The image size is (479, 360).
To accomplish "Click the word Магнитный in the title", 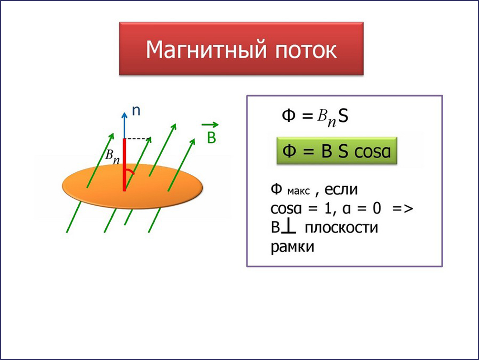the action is [207, 50].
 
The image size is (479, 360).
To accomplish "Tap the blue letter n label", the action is [136, 111].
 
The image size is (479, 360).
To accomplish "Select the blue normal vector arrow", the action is [125, 125].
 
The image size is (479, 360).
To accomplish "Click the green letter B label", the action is [211, 138].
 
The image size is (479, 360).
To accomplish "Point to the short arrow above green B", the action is [210, 125].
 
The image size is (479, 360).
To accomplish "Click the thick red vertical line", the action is [125, 165].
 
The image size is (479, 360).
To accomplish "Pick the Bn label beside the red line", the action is [112, 157].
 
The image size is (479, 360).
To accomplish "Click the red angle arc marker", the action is [131, 171].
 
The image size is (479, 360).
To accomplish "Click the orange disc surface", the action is [133, 187].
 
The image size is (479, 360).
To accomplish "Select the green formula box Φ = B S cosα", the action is [337, 151].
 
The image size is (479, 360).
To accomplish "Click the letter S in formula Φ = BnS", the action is [344, 116].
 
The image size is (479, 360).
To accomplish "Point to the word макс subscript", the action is [299, 191].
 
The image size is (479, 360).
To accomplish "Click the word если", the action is [341, 190].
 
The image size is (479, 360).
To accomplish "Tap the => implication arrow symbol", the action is [403, 209].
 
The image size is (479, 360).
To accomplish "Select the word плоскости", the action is [342, 228].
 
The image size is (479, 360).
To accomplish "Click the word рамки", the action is [292, 247].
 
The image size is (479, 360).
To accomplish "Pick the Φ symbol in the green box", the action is [289, 151].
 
